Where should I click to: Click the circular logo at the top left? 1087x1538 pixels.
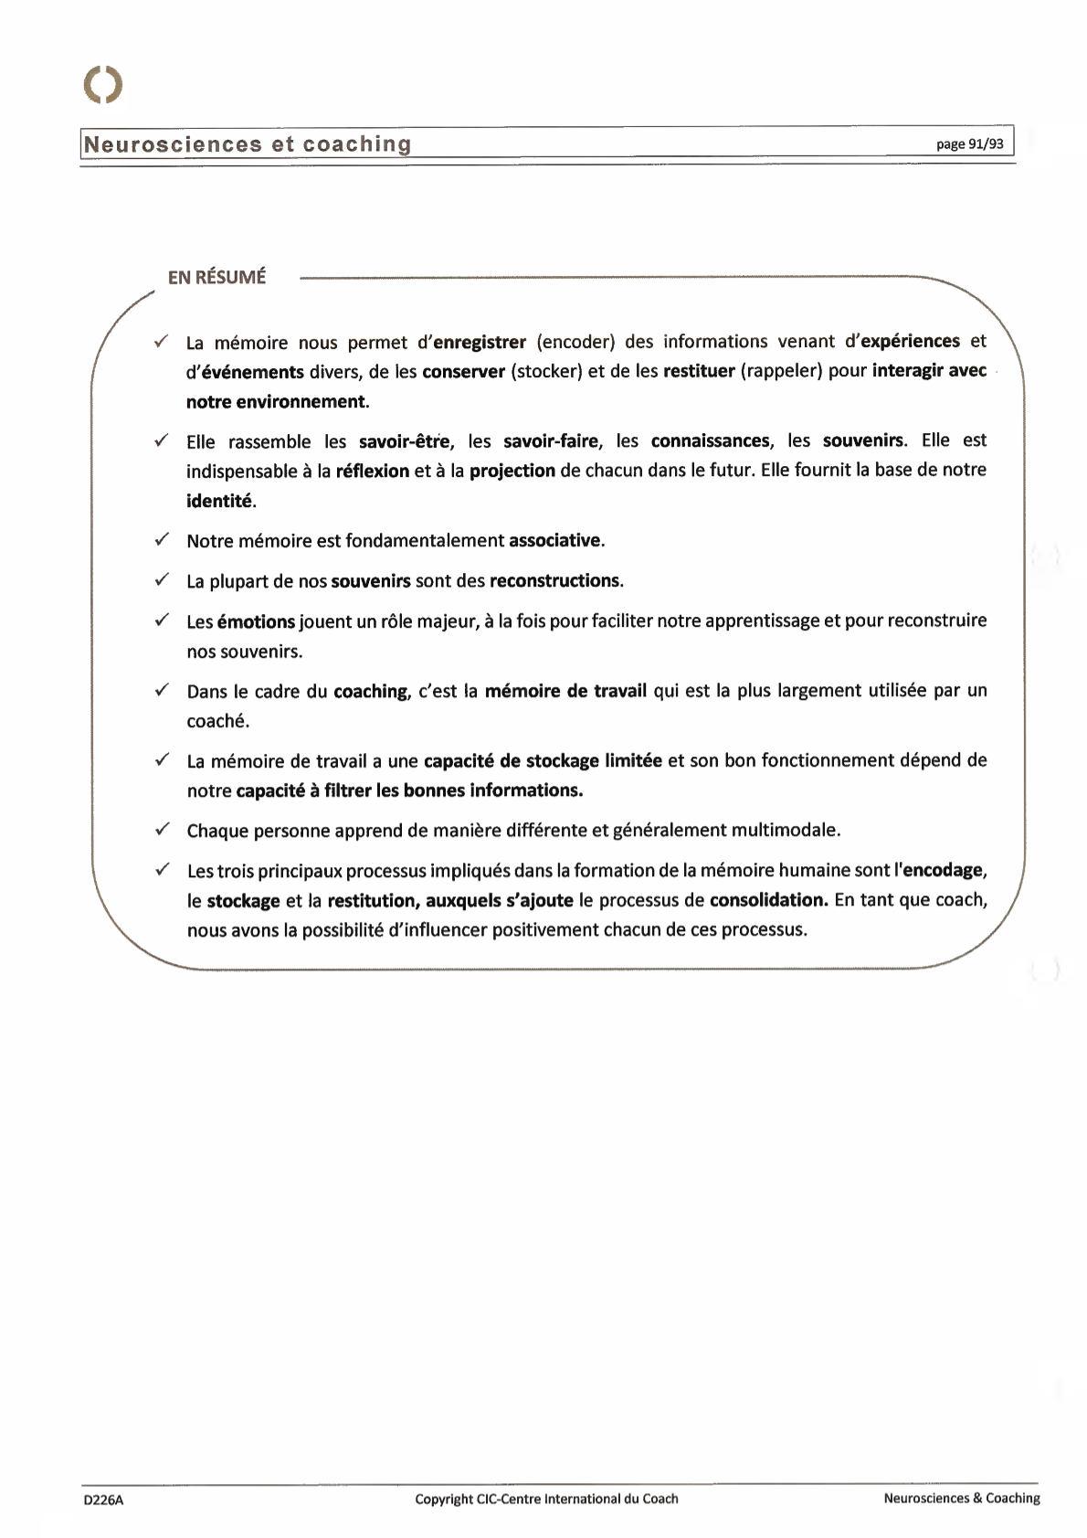(x=103, y=85)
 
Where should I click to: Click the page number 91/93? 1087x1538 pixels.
(x=969, y=144)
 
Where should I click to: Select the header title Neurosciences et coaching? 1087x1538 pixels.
(x=248, y=144)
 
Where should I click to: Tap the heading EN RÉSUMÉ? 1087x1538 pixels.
(x=216, y=277)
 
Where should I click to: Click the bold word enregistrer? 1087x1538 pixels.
(x=480, y=342)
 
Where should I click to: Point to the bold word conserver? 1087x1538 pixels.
(x=463, y=372)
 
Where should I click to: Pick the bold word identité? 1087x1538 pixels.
(x=219, y=501)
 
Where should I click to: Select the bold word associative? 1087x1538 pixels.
(x=554, y=540)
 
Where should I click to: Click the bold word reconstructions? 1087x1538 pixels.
(x=554, y=580)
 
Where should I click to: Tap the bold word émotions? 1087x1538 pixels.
(x=256, y=621)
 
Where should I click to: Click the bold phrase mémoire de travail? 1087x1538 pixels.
(x=565, y=691)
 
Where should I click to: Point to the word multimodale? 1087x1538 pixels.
(x=785, y=830)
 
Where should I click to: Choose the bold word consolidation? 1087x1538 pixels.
(x=768, y=900)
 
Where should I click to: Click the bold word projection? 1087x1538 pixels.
(x=512, y=471)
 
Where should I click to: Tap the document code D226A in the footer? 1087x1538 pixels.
(x=103, y=1500)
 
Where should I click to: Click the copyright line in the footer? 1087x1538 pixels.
(x=546, y=1499)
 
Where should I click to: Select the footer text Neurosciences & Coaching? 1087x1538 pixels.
(x=961, y=1498)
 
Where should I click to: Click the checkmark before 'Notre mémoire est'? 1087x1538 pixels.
(x=162, y=539)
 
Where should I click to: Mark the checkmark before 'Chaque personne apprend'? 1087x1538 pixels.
(x=162, y=829)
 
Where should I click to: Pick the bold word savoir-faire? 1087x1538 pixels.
(x=551, y=441)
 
